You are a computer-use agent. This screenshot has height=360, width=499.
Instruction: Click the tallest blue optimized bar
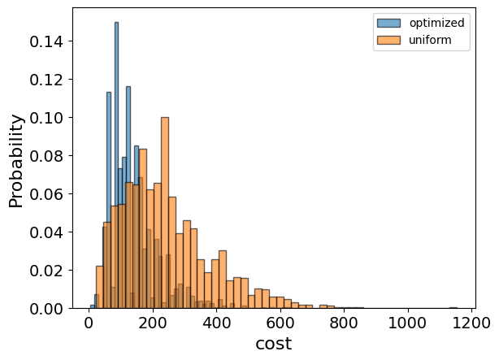click(x=116, y=163)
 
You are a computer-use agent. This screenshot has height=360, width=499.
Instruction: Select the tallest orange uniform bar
click(x=165, y=211)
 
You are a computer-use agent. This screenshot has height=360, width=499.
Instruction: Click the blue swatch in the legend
click(x=385, y=23)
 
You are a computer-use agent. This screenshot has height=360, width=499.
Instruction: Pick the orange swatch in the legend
click(x=385, y=39)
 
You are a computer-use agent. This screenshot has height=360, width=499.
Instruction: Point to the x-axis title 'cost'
click(x=273, y=344)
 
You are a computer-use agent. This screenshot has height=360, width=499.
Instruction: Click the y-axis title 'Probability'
click(x=16, y=160)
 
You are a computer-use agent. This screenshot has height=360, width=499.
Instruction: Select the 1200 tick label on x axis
click(x=471, y=323)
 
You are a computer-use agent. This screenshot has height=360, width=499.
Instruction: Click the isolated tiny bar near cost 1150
click(x=453, y=307)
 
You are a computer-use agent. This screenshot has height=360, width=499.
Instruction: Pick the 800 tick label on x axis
click(x=344, y=323)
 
